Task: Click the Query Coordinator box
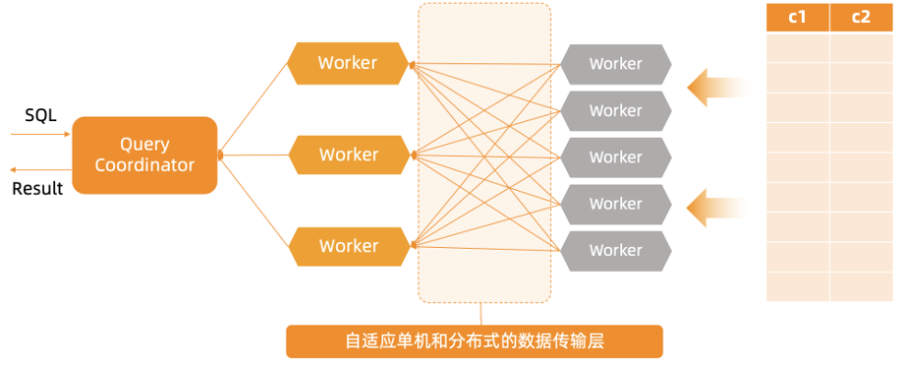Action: (144, 154)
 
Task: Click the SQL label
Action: (40, 115)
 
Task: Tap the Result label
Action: (37, 188)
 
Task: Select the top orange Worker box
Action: (348, 63)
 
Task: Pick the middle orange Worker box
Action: (348, 154)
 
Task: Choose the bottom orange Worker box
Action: (348, 246)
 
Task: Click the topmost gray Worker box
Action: (615, 64)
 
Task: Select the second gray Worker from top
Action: (615, 110)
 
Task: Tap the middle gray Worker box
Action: (615, 157)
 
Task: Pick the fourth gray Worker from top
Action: (615, 204)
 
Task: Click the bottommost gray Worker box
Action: (615, 250)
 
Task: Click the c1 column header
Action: (797, 18)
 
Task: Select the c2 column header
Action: (861, 18)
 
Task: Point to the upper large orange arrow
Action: (714, 87)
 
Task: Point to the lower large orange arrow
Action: (714, 207)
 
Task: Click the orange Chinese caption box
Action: (474, 341)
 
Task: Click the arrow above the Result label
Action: (39, 169)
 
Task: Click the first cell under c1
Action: (797, 48)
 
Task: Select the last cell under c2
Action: (861, 286)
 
